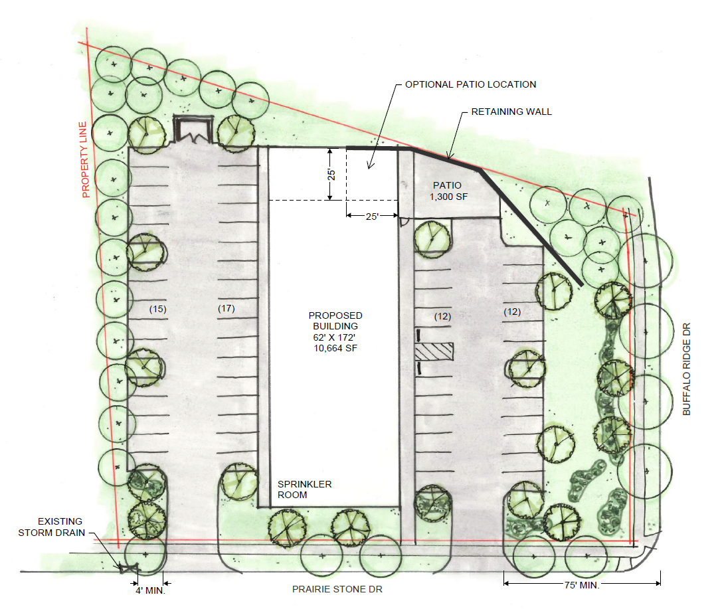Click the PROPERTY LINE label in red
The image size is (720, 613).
(x=84, y=160)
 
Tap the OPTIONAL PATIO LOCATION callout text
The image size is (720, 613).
(x=470, y=84)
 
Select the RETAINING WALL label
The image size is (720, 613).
(x=511, y=112)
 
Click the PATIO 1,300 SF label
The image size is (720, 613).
(x=448, y=191)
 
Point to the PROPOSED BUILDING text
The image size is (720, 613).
(x=335, y=321)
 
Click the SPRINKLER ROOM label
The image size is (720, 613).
(x=304, y=489)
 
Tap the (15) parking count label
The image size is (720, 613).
(x=157, y=309)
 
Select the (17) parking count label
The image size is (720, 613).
(x=226, y=308)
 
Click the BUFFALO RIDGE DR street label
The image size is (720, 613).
(x=687, y=369)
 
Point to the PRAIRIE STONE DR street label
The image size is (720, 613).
(x=337, y=589)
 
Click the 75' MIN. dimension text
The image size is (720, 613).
(x=582, y=586)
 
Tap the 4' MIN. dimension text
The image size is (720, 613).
(x=150, y=590)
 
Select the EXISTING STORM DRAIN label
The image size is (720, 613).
(x=51, y=527)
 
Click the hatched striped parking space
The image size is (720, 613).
(x=434, y=351)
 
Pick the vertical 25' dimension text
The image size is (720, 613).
(x=331, y=175)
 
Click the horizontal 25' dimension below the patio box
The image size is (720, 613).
(x=372, y=217)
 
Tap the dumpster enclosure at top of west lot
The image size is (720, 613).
(x=193, y=130)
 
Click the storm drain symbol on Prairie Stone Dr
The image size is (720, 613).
(x=129, y=569)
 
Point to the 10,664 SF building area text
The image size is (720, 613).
(x=335, y=348)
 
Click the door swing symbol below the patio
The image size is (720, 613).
(x=404, y=222)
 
